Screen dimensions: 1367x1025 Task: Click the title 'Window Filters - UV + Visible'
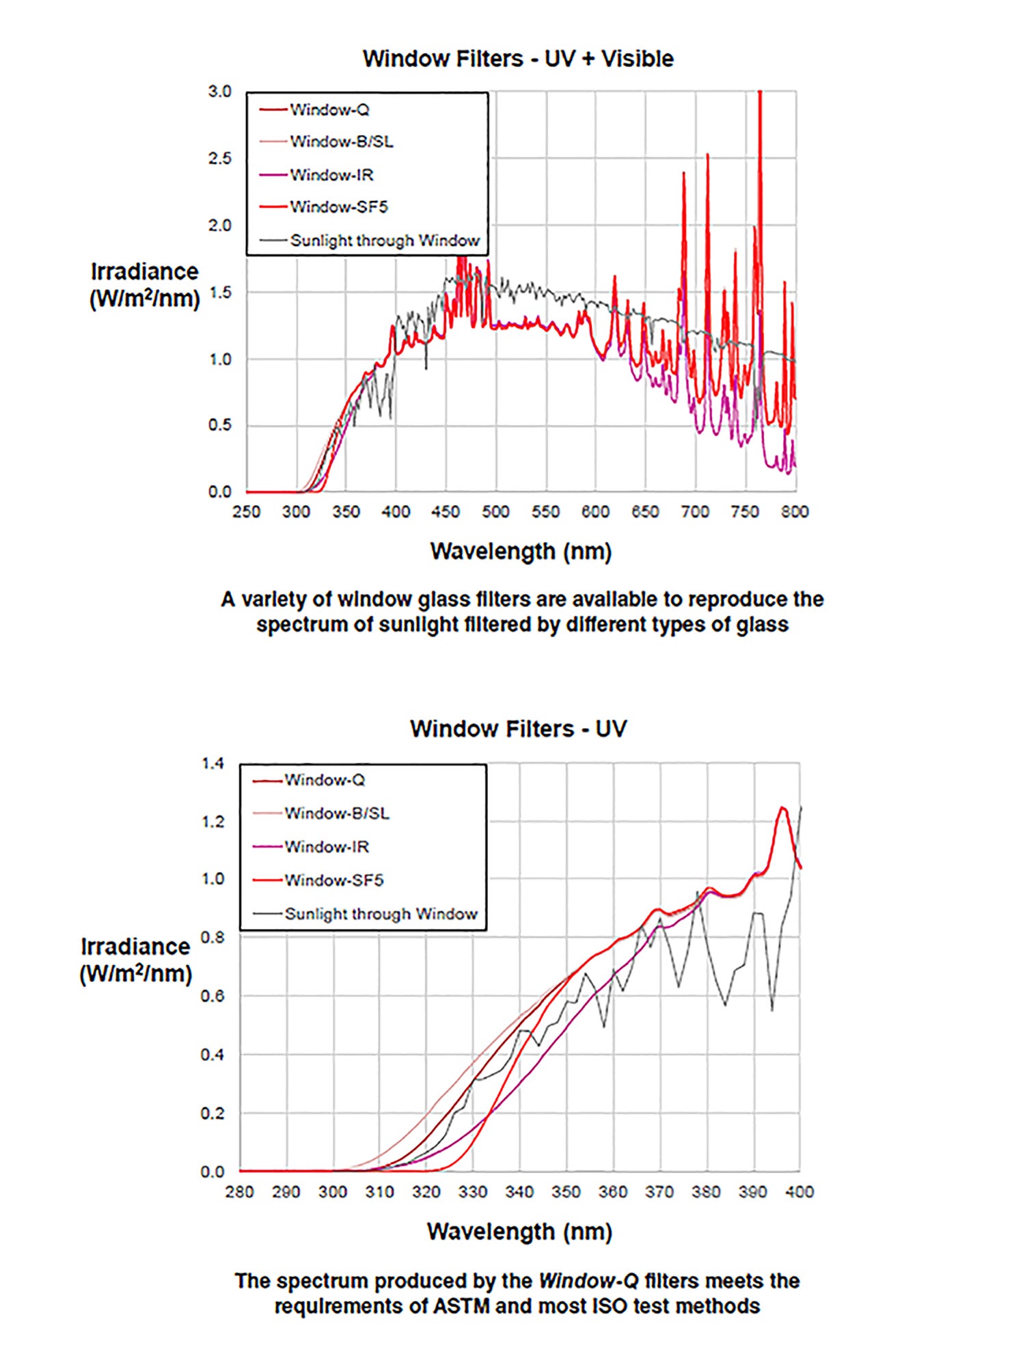518,59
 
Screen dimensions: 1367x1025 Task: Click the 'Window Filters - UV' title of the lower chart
518,729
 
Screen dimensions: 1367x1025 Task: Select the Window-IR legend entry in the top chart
331,175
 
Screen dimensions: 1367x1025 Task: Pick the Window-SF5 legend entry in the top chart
338,207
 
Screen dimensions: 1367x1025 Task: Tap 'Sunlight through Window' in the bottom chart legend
381,914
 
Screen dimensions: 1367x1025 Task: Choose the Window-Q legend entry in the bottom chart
325,780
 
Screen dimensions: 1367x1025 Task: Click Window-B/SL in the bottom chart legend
337,813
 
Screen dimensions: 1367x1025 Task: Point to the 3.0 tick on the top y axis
220,92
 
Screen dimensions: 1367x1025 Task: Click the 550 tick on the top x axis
545,512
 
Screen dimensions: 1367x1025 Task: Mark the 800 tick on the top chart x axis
795,512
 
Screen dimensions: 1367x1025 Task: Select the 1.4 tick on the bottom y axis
213,763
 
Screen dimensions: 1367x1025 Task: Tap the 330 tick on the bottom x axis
473,1192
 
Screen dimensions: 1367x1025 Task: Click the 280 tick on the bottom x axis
240,1192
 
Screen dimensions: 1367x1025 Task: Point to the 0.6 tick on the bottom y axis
213,997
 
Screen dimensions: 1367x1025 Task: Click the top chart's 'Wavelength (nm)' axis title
521,552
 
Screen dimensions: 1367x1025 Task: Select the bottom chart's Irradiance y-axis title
135,960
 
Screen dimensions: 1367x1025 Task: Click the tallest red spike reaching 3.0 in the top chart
760,96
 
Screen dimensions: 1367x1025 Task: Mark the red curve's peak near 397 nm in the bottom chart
783,809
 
